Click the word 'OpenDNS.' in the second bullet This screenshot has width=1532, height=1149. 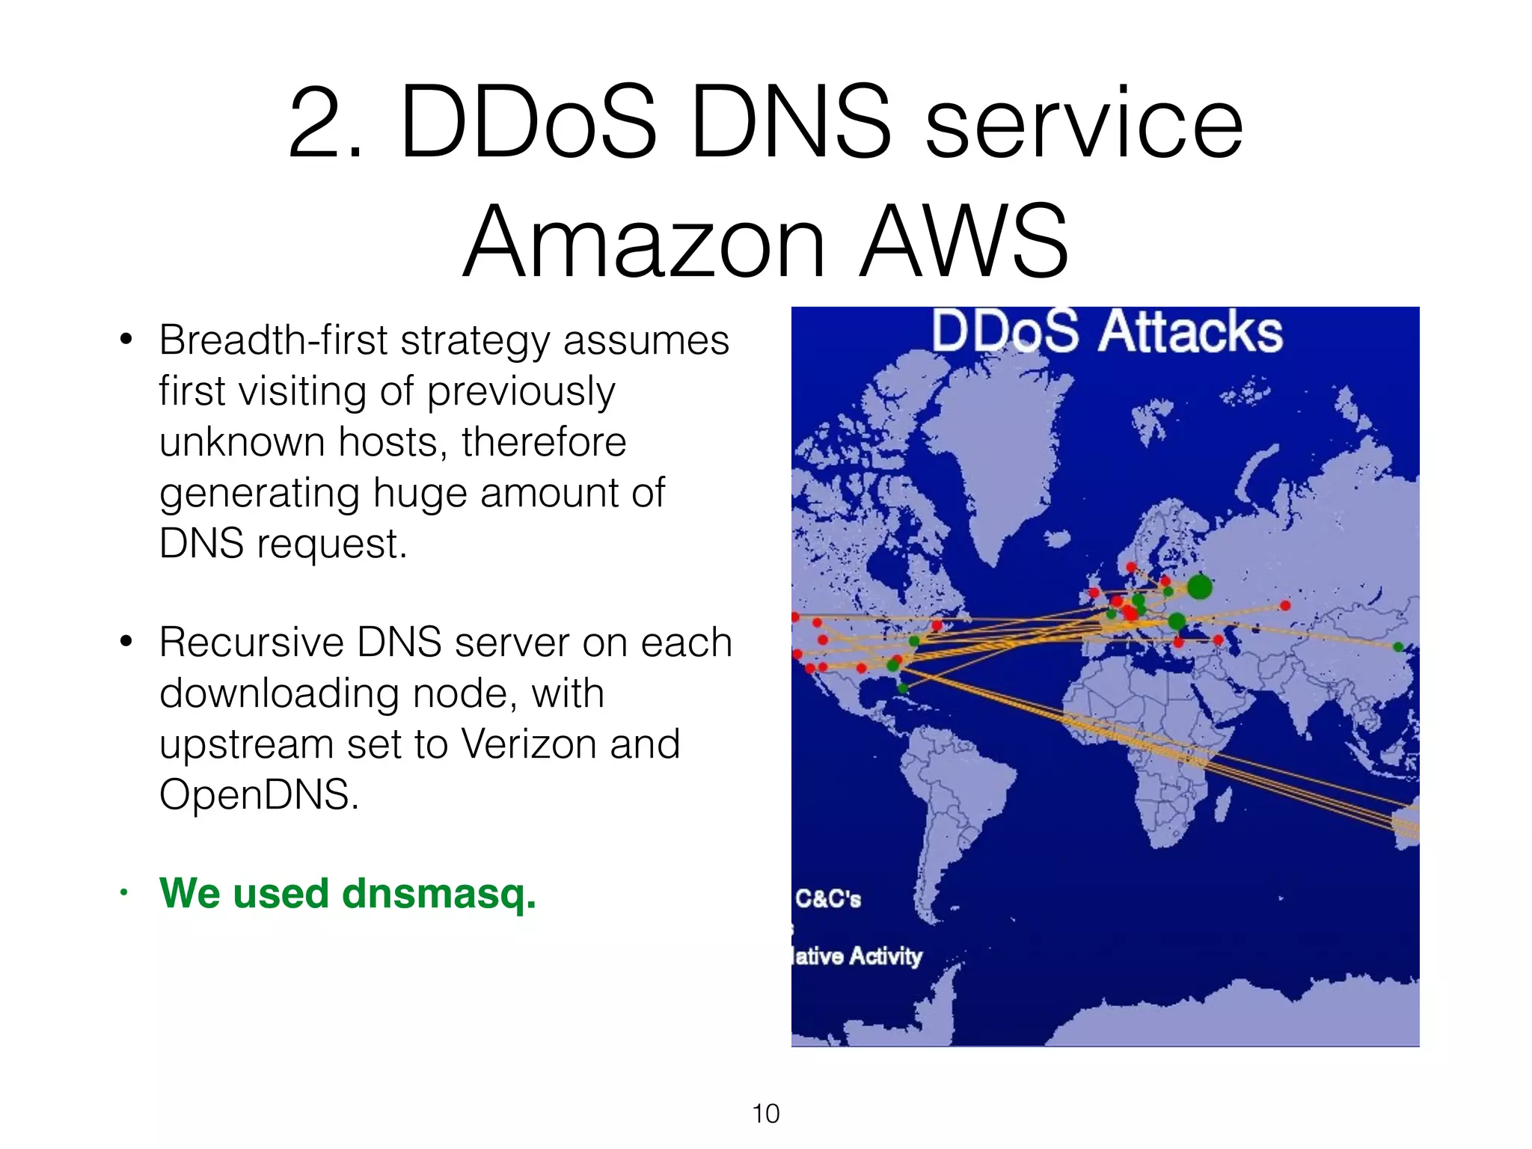259,794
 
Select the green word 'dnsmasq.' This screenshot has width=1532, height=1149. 439,894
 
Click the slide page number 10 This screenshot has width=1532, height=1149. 765,1114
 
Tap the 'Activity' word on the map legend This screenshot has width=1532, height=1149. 886,956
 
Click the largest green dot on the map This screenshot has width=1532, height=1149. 1199,586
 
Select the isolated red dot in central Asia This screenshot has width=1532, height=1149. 1285,605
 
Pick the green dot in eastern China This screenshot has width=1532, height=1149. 1398,647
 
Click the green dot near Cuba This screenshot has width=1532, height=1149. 903,688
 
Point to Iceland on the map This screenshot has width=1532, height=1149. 1057,539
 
